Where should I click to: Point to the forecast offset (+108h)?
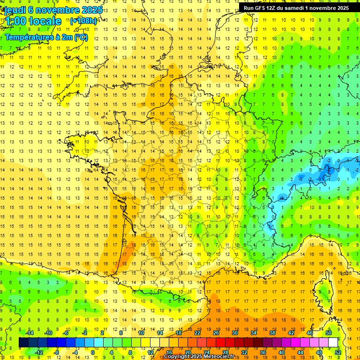[x=83, y=21]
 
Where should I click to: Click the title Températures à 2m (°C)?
[x=46, y=37]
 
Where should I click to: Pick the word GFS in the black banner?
[x=262, y=8]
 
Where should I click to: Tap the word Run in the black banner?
[x=249, y=8]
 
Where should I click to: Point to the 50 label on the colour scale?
[x=329, y=333]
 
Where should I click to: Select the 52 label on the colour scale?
[x=338, y=352]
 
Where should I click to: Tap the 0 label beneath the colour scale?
[x=92, y=352]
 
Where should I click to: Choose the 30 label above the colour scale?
[x=235, y=333]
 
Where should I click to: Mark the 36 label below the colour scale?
[x=263, y=352]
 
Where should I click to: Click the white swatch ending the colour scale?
[x=333, y=343]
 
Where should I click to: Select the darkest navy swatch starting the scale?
[x=23, y=343]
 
